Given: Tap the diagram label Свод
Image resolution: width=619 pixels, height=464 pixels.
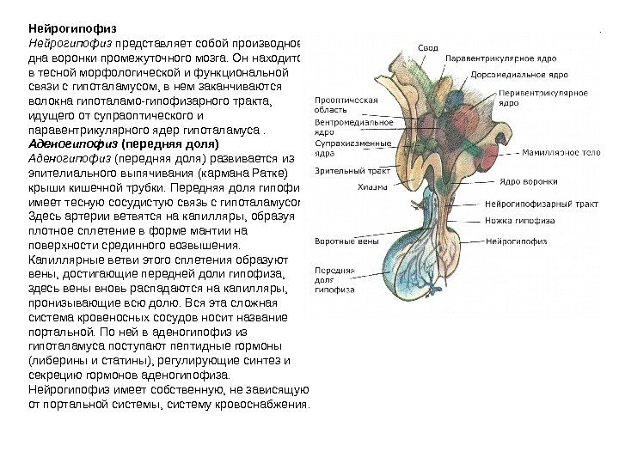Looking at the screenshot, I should [427, 46].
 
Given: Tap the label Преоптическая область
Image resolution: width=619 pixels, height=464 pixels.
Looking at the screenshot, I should [346, 104].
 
